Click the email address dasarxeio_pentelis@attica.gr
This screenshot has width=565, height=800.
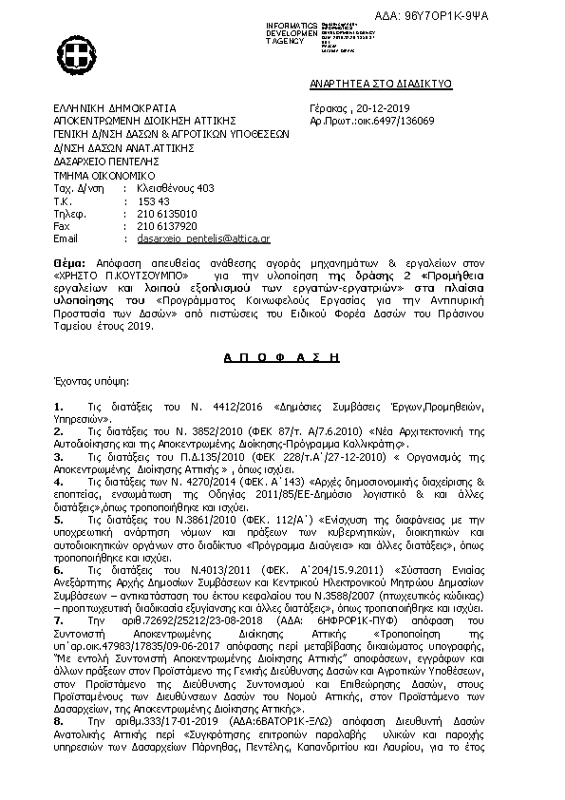(x=191, y=238)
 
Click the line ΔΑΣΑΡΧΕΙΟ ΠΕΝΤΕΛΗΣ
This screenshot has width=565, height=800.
(x=109, y=162)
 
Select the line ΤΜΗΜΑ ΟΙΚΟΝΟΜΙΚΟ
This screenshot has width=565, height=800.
(x=104, y=175)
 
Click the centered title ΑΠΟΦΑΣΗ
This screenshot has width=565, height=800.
(x=281, y=354)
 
